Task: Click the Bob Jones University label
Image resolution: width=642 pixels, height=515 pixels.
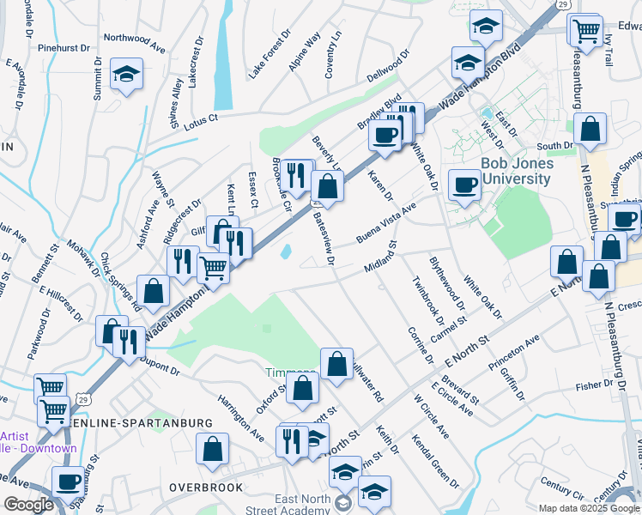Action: [x=515, y=171]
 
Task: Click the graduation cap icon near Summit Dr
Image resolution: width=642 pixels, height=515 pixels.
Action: [x=126, y=75]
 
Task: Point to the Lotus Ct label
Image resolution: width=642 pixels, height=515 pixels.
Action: [x=202, y=122]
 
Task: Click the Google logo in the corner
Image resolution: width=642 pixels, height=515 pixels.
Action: [x=27, y=505]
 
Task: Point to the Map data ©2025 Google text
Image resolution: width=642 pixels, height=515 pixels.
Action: [x=590, y=508]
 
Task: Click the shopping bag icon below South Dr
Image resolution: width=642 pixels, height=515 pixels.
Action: [x=591, y=130]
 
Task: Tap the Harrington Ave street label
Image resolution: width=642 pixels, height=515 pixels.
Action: [x=241, y=418]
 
